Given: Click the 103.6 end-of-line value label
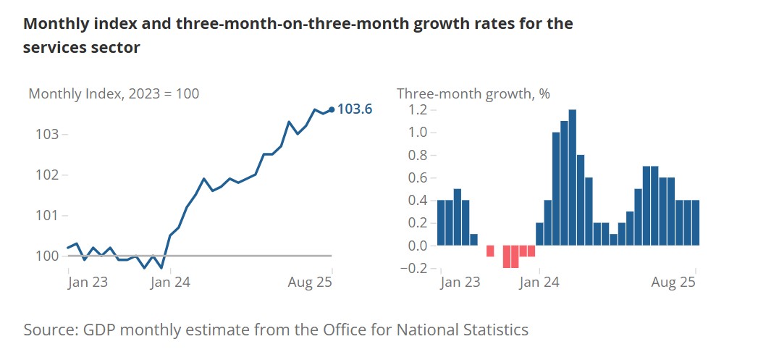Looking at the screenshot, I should pos(355,109).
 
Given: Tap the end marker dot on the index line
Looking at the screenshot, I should pos(332,109).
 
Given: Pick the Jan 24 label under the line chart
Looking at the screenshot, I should pos(169,282).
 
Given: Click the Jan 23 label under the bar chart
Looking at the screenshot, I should pos(460,282).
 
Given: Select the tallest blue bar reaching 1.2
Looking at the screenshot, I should pos(572,177).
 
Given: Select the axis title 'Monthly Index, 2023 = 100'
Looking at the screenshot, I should pos(114,93).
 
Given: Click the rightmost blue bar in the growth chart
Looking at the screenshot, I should pos(696,222).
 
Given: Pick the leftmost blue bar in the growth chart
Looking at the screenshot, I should pos(441,222).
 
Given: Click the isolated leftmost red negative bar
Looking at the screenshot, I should pos(490,251).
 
